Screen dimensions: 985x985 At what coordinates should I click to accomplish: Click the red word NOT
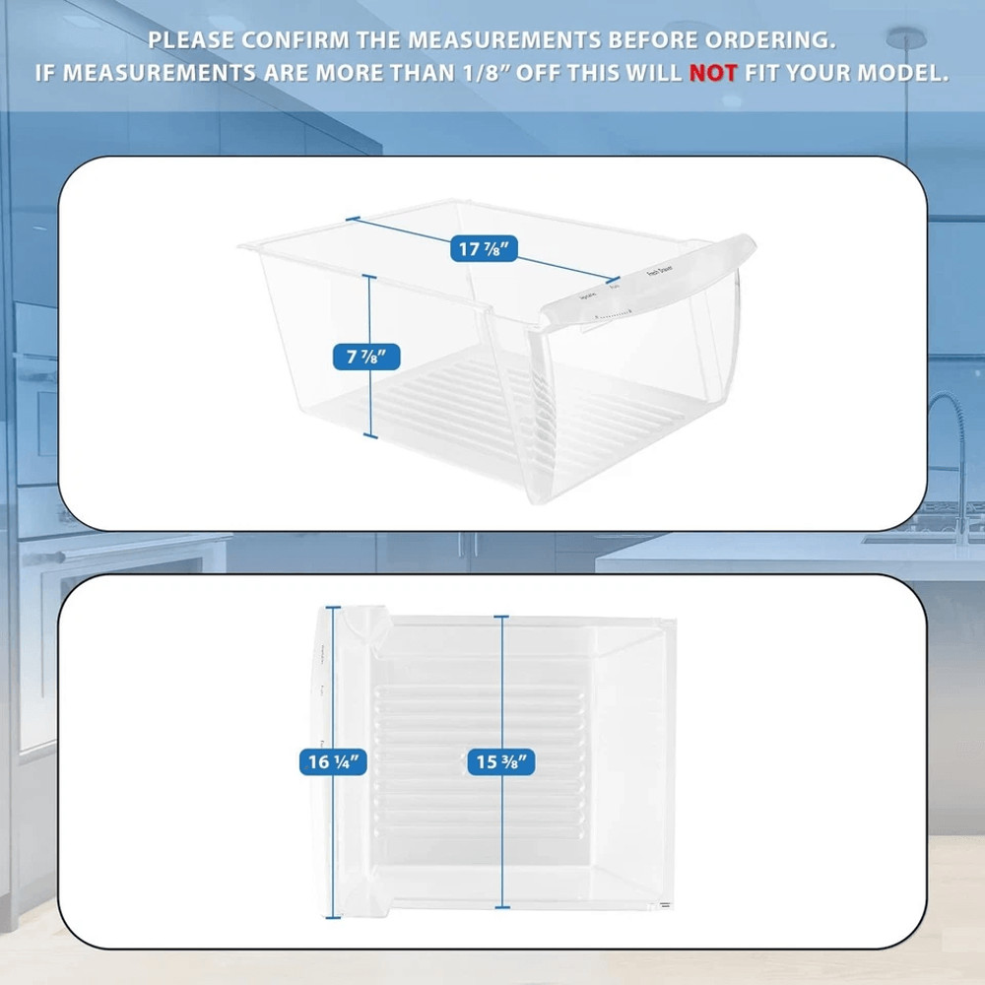712,73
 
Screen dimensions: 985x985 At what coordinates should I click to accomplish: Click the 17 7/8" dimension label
485,249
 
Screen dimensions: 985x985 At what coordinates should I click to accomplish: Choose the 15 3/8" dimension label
502,761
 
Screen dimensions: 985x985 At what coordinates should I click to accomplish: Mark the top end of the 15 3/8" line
502,618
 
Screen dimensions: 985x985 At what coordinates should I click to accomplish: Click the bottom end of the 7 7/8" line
370,436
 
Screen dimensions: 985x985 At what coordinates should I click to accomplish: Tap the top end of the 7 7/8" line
370,278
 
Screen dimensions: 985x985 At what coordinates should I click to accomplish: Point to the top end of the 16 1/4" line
332,609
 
